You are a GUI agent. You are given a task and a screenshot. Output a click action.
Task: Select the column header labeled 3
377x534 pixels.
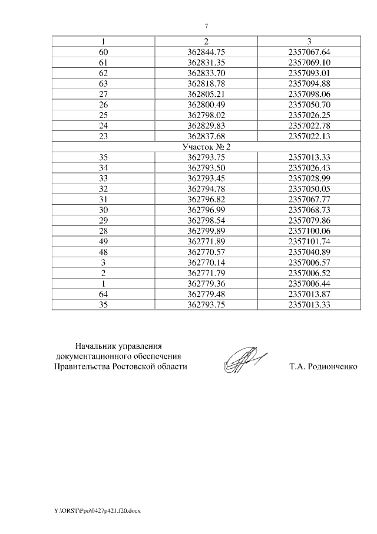(309, 41)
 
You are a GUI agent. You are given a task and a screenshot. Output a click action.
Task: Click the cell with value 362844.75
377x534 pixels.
(206, 51)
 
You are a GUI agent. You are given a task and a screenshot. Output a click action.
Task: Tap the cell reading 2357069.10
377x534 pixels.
(309, 61)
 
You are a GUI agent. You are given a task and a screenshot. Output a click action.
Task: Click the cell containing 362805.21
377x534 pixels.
(206, 93)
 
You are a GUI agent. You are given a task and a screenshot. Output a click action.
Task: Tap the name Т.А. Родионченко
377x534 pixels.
(323, 366)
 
